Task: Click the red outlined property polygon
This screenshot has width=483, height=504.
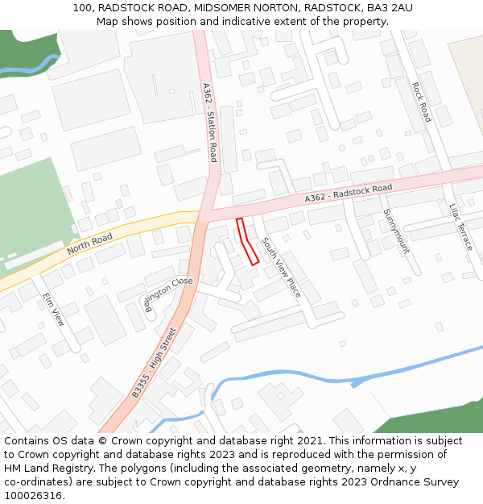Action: click(x=247, y=241)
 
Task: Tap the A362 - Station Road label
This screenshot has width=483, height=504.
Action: click(x=209, y=123)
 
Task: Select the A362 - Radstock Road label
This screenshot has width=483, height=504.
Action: click(x=348, y=194)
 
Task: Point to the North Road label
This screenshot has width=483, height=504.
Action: click(x=89, y=244)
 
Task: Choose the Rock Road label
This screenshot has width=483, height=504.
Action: click(x=421, y=102)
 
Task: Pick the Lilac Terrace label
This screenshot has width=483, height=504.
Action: click(x=460, y=227)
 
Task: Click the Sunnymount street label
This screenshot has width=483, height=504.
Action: click(x=396, y=231)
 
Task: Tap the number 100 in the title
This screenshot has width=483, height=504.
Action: click(x=81, y=7)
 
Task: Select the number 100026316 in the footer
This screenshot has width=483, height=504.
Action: click(x=31, y=496)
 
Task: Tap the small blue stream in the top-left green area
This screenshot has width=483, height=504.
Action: click(x=32, y=68)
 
